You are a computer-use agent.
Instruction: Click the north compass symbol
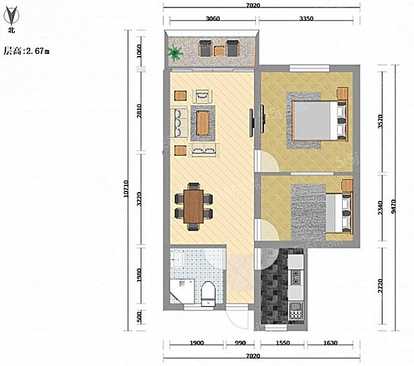click(x=11, y=16)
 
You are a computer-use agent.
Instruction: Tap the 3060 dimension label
click(x=213, y=18)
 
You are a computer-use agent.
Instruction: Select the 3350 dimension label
click(x=306, y=18)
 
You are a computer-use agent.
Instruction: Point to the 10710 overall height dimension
click(x=126, y=188)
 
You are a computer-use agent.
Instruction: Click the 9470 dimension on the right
click(x=393, y=206)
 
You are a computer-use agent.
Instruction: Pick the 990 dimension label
click(x=240, y=343)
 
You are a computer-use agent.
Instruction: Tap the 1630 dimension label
click(x=331, y=343)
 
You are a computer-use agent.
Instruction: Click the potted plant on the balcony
click(x=174, y=53)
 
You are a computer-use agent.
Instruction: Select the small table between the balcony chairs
click(x=219, y=51)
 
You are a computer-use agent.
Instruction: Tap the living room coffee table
click(x=203, y=123)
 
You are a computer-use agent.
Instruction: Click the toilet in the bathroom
click(x=208, y=293)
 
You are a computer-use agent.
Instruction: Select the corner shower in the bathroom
click(x=182, y=291)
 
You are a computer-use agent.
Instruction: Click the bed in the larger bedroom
click(x=320, y=121)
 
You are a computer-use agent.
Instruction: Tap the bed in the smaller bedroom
click(x=339, y=213)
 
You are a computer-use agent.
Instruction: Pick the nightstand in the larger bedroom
click(x=342, y=94)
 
